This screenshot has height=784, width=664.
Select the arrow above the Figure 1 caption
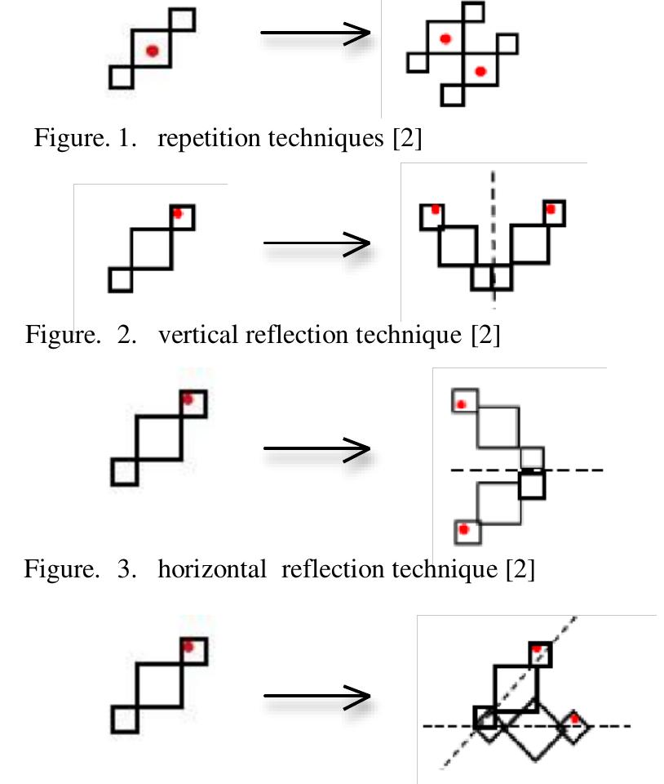(315, 33)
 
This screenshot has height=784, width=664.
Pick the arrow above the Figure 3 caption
(317, 448)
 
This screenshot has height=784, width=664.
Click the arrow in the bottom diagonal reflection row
(317, 697)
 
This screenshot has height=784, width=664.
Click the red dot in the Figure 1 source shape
(152, 51)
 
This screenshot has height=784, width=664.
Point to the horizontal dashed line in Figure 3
(571, 470)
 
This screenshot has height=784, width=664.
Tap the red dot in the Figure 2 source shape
(178, 213)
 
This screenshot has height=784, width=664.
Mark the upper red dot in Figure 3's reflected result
(461, 404)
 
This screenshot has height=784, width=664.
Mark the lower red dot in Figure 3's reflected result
(464, 529)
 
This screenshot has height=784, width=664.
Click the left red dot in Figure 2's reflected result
(435, 210)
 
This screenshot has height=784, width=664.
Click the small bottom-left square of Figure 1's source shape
(121, 77)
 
